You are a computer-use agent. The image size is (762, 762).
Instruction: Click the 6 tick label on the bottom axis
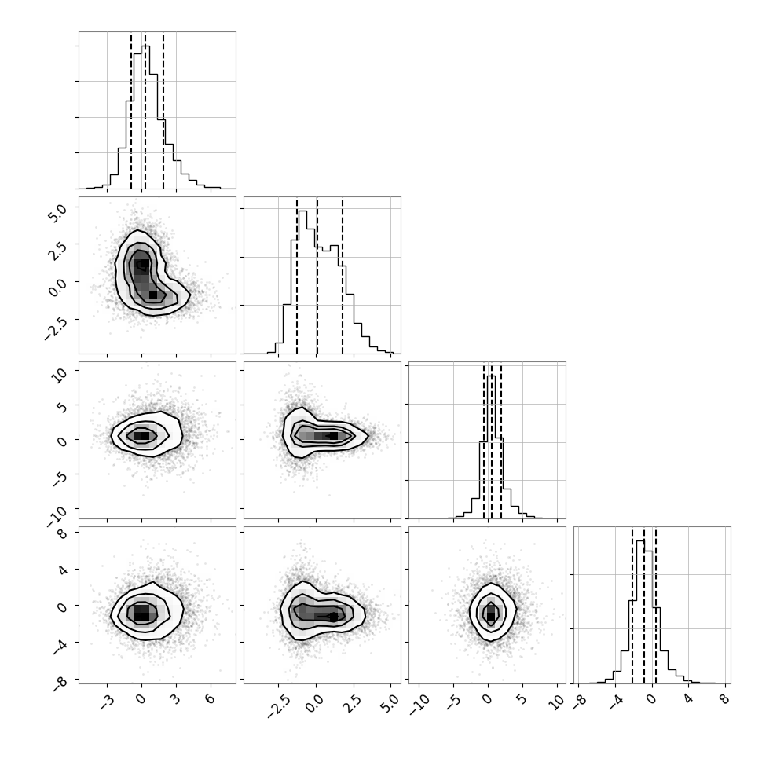click(210, 699)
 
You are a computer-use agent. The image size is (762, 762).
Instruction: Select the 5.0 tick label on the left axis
click(57, 214)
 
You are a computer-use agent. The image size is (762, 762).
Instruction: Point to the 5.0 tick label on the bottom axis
click(390, 703)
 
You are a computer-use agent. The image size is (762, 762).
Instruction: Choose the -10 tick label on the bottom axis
click(419, 705)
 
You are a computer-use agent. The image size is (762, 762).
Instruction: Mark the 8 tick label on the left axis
click(63, 533)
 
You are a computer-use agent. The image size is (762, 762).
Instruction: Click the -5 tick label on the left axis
click(60, 478)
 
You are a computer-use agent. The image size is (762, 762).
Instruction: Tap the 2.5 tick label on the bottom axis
click(353, 703)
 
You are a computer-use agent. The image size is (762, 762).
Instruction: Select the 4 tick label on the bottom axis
click(687, 699)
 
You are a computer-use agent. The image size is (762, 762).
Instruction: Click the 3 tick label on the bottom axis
click(175, 699)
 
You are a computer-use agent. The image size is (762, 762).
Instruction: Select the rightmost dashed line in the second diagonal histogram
click(343, 276)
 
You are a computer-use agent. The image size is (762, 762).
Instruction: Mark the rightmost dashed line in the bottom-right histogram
click(656, 605)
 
